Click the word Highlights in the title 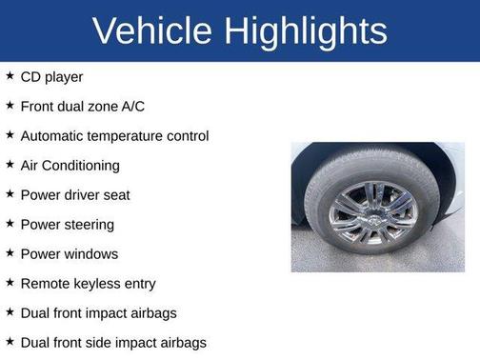[x=306, y=31]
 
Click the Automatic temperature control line [x=114, y=135]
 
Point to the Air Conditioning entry [x=70, y=165]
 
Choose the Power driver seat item [x=75, y=194]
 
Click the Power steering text [x=67, y=224]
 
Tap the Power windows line [x=70, y=253]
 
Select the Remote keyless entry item [x=88, y=283]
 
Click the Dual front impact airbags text [x=98, y=312]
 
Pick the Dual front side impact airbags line [x=113, y=342]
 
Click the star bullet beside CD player [x=10, y=75]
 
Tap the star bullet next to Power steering [x=10, y=223]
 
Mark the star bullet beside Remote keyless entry [x=10, y=282]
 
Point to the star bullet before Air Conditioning [x=10, y=164]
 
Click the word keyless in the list [x=97, y=283]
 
